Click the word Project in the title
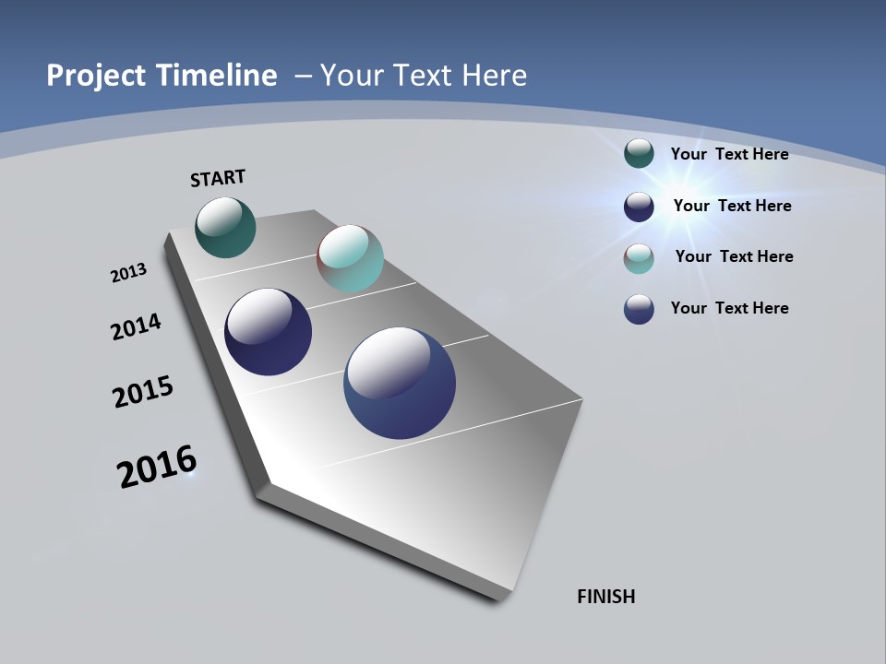coord(96,76)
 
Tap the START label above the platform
coord(218,178)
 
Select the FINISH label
coord(605,597)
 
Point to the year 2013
coord(128,273)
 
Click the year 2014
coord(136,326)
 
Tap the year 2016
coord(157,467)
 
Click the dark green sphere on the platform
coord(225,227)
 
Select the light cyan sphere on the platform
coord(350,258)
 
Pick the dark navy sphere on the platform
coord(268,332)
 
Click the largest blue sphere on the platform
coord(400,383)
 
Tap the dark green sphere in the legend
coord(639,153)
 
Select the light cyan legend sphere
coord(639,258)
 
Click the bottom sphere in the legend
coord(639,309)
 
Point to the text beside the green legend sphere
coord(729,154)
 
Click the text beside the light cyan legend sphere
coord(734,256)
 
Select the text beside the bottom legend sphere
coord(729,308)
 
